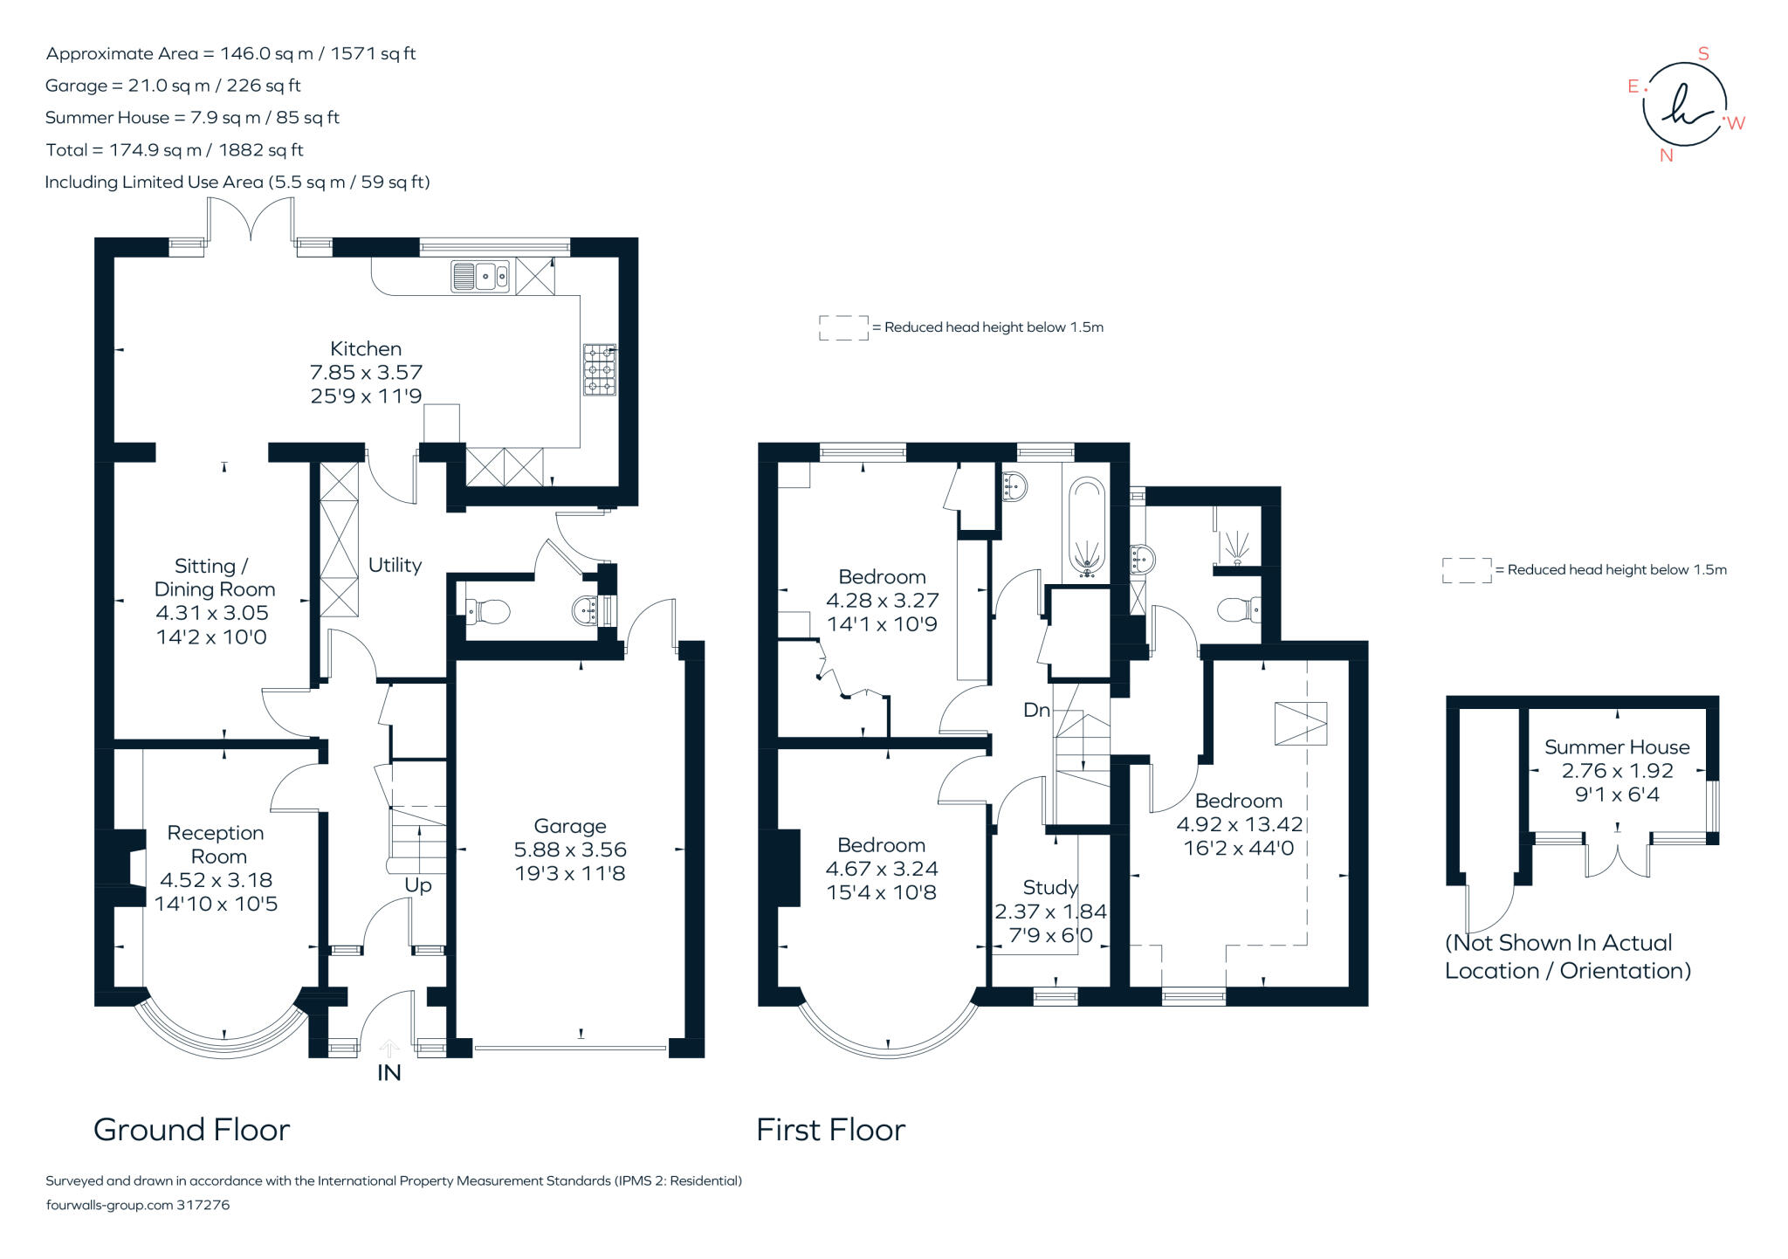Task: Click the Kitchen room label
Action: (366, 348)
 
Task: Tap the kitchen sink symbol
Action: (480, 276)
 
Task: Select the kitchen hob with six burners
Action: (599, 369)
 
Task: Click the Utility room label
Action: (395, 565)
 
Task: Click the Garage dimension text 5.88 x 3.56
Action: (570, 850)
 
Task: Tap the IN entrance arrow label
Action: (389, 1073)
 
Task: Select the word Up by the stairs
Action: (418, 885)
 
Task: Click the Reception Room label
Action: (216, 844)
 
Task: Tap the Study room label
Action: (1050, 888)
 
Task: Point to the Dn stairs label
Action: (1036, 711)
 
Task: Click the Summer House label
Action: (1617, 747)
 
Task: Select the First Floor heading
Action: (830, 1130)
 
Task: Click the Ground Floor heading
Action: (191, 1130)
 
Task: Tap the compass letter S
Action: (1703, 54)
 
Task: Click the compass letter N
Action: (1666, 156)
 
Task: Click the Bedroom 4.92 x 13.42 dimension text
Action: (1239, 824)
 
